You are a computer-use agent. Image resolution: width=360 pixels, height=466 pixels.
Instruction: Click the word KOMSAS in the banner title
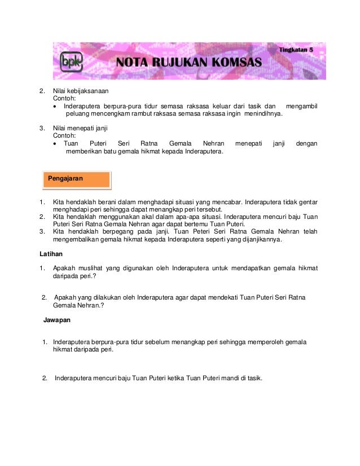pos(233,61)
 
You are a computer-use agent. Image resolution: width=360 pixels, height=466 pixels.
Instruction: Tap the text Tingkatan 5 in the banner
pos(296,50)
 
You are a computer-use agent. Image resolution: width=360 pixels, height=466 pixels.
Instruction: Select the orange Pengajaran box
pos(76,179)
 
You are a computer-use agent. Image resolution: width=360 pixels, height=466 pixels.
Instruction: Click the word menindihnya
pos(263,113)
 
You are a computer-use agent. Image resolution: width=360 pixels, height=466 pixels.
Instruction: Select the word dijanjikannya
pos(257,239)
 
